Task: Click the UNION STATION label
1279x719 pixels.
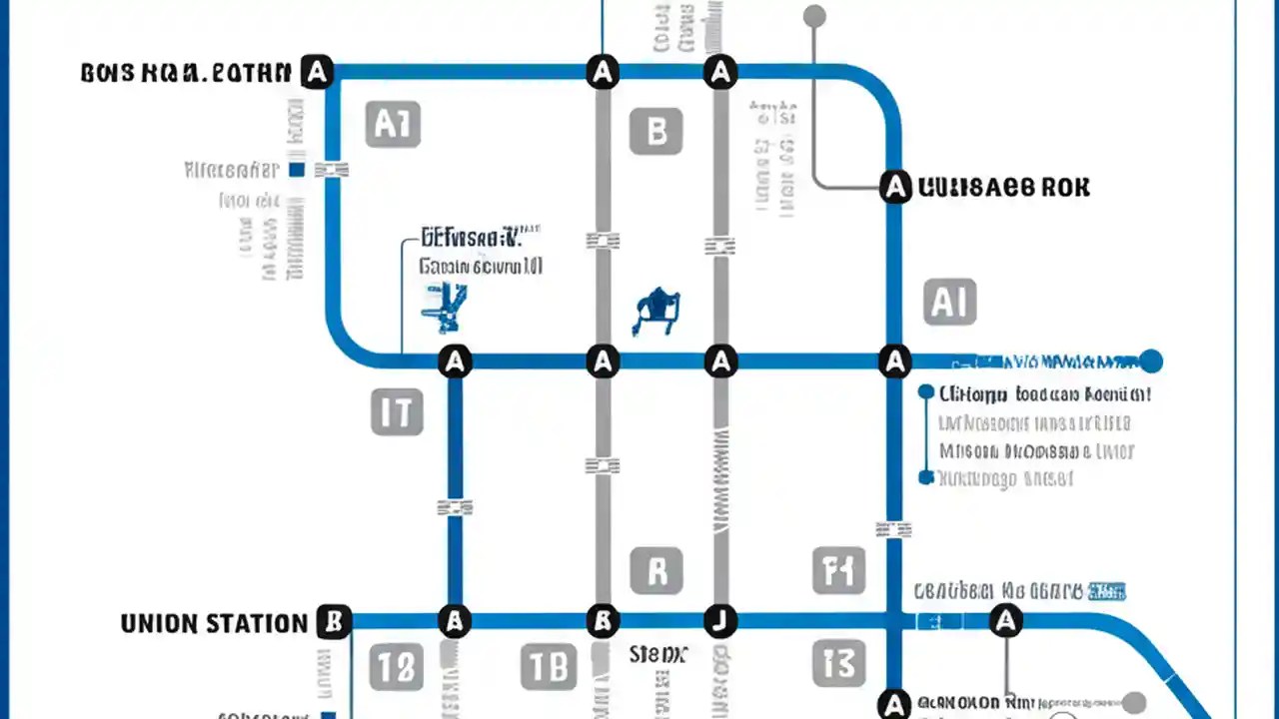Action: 214,624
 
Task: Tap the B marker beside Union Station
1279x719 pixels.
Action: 334,622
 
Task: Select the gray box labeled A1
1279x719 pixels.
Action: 392,124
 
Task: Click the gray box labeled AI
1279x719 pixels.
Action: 949,302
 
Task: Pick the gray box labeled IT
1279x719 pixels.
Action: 397,411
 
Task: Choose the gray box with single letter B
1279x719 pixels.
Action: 656,131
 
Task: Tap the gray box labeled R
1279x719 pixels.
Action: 656,570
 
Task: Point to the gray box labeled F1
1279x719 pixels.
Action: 836,570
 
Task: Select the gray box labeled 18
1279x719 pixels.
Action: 397,667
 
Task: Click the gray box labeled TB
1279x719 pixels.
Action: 549,667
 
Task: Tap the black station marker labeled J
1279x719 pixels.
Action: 719,621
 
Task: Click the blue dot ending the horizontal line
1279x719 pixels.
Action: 1151,360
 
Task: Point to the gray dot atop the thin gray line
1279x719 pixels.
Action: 814,16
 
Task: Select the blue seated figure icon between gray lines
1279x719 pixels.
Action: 655,310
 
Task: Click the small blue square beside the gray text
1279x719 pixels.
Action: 296,170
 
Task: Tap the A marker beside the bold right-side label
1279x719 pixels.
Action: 895,186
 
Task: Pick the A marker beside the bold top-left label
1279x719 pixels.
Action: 317,72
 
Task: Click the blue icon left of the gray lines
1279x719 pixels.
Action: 444,307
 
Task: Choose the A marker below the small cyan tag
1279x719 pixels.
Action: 1006,621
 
